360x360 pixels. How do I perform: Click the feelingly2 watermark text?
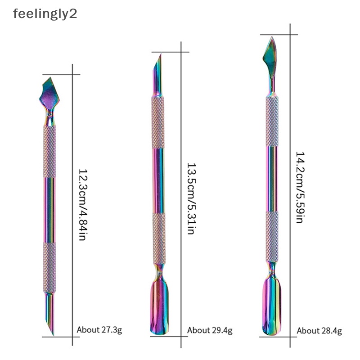tap(45, 14)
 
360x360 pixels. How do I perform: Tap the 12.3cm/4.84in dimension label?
tap(82, 205)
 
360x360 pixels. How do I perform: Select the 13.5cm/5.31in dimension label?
tap(191, 198)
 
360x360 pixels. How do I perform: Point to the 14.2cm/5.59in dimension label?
tap(300, 187)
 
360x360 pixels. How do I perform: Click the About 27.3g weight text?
tap(99, 330)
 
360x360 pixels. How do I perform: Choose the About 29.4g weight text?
tap(210, 330)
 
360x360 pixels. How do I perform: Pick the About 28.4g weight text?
tap(319, 331)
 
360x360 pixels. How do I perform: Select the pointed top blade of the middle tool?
tap(157, 74)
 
